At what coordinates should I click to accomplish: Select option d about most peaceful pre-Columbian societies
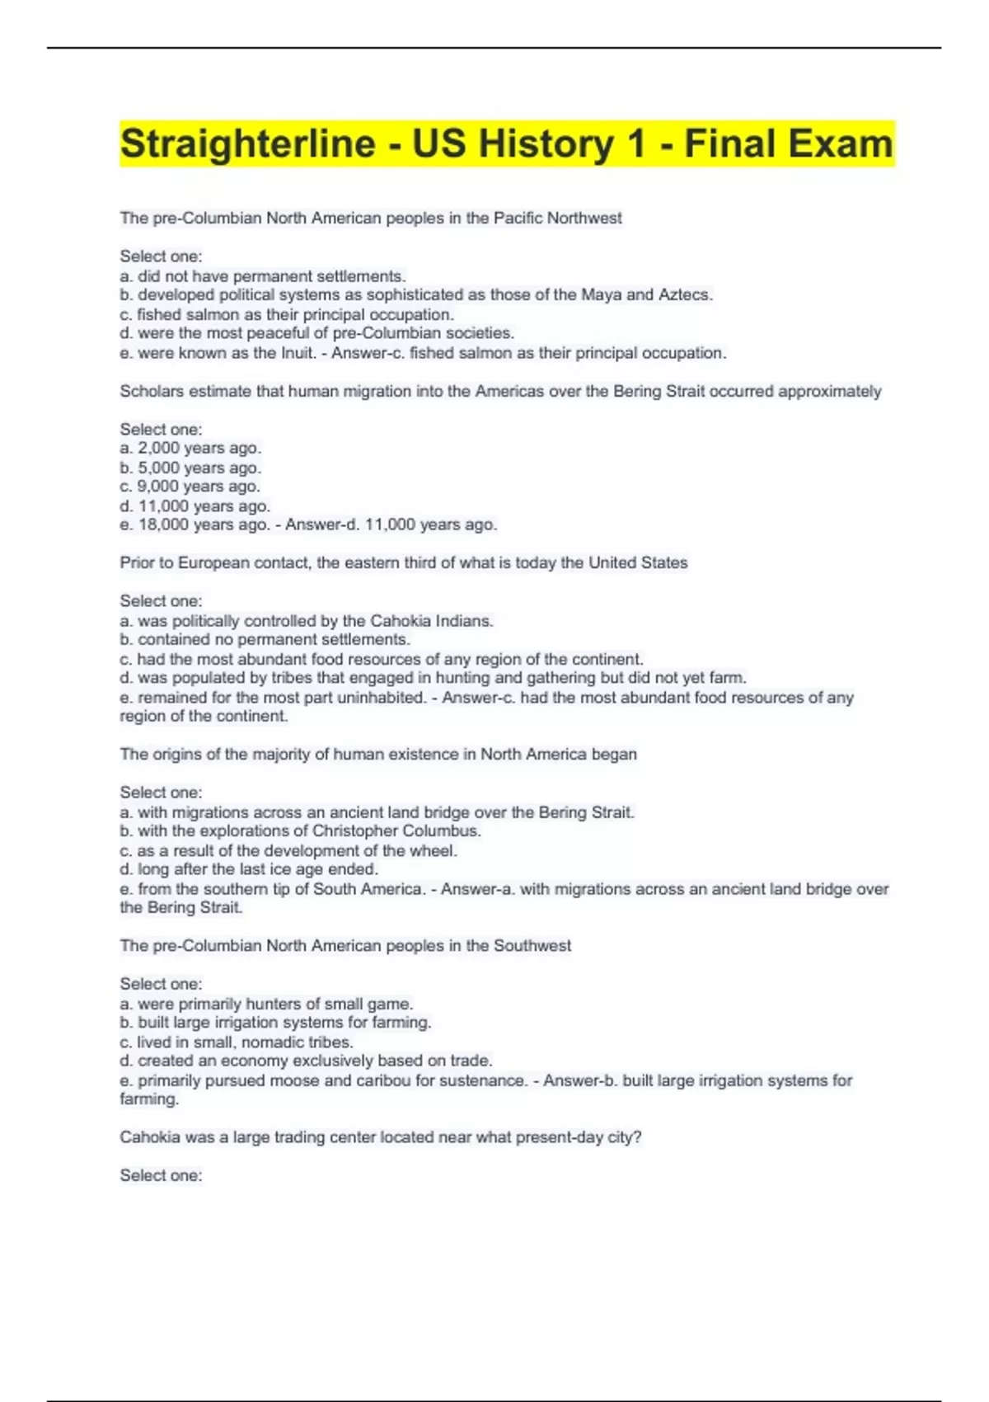(x=317, y=333)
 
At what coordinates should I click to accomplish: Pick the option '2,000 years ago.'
(x=190, y=449)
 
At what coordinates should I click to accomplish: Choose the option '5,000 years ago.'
(x=190, y=468)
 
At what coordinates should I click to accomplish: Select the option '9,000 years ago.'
(x=190, y=487)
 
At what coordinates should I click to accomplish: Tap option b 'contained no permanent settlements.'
(x=265, y=640)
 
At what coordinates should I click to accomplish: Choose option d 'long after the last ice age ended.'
(x=249, y=869)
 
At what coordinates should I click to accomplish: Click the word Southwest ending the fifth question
(x=532, y=946)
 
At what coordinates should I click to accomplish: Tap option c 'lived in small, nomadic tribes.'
(x=237, y=1042)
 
